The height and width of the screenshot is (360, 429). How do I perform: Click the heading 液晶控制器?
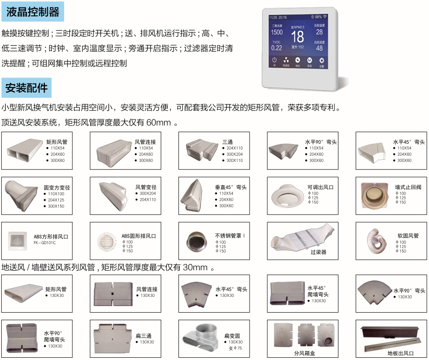(x=33, y=11)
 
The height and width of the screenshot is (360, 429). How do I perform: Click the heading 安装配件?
(x=27, y=88)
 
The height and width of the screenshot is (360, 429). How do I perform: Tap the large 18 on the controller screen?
(x=297, y=37)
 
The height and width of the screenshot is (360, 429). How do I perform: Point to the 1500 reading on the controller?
(x=277, y=32)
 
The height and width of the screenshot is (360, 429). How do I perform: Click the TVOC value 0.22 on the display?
(x=277, y=48)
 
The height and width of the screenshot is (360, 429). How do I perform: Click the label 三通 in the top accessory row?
(x=228, y=142)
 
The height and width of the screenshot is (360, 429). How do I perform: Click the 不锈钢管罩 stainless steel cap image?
(x=196, y=240)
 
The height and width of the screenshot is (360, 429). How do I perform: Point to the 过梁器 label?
(x=318, y=252)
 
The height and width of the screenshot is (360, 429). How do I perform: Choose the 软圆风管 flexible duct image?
(x=374, y=241)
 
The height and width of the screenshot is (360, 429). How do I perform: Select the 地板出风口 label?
(x=400, y=353)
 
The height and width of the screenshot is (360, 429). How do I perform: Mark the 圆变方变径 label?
(x=57, y=188)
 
